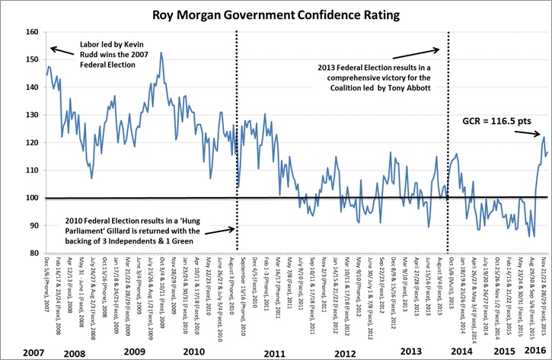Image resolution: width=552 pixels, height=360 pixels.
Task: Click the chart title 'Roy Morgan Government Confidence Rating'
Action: click(276, 14)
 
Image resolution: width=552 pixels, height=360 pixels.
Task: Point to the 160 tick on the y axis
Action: click(30, 31)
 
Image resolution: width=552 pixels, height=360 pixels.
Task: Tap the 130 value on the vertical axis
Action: click(30, 114)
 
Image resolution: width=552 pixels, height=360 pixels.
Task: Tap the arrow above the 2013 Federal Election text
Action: click(429, 50)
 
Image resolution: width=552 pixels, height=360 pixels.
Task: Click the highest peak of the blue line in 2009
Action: click(161, 53)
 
